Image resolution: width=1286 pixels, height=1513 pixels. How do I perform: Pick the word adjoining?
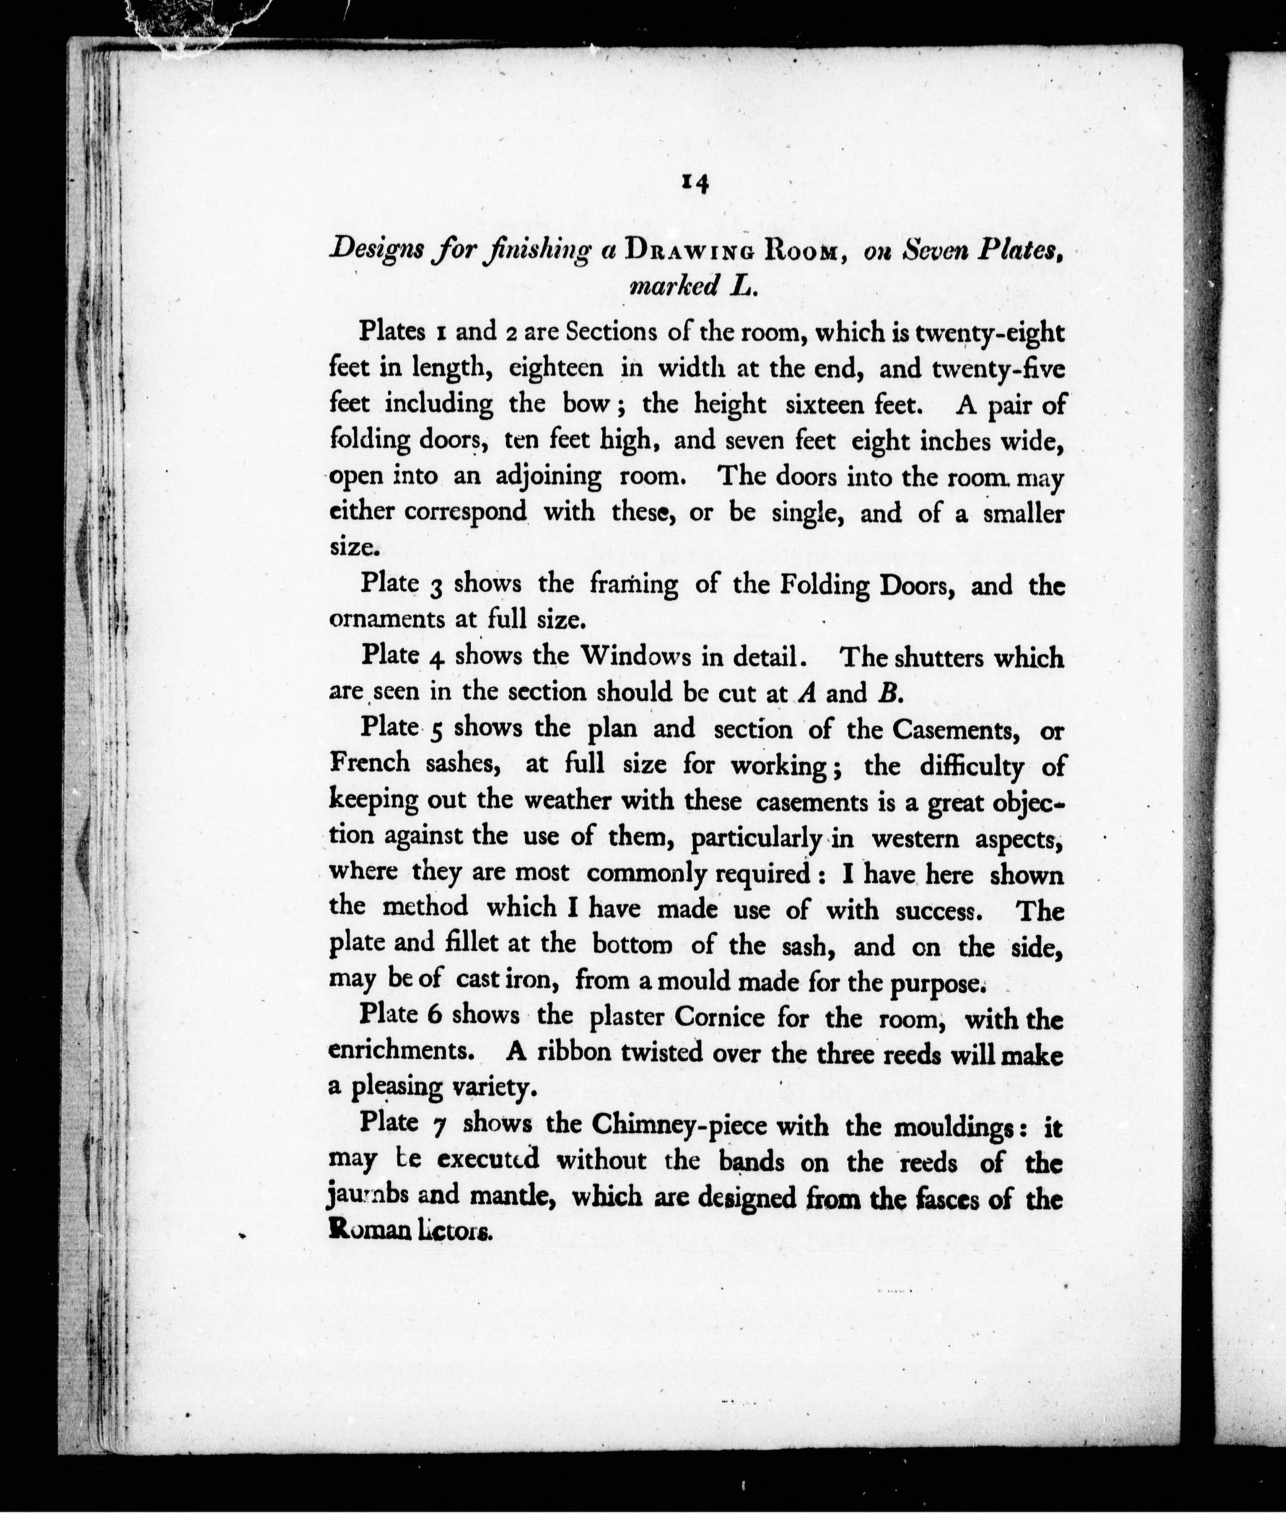click(548, 476)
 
